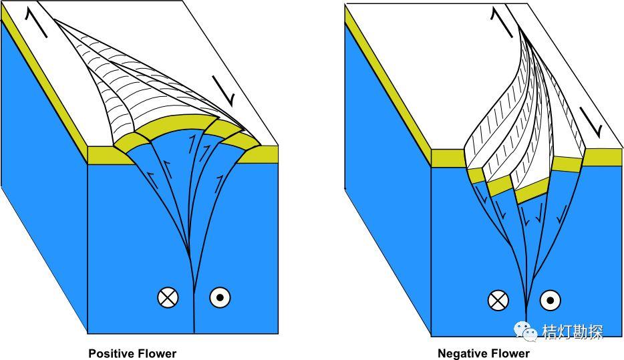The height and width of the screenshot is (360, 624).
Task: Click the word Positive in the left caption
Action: (110, 353)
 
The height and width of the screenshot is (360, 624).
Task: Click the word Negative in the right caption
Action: (459, 353)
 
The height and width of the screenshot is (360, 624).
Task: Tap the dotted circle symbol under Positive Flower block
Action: (220, 298)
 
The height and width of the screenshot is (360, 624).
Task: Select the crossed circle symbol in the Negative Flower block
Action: (498, 301)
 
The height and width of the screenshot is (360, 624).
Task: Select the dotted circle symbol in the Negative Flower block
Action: (549, 301)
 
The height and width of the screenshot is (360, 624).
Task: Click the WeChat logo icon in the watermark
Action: (524, 329)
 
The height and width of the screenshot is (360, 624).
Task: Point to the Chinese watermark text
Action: (573, 331)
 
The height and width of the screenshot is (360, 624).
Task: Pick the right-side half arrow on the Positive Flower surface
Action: (227, 89)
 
